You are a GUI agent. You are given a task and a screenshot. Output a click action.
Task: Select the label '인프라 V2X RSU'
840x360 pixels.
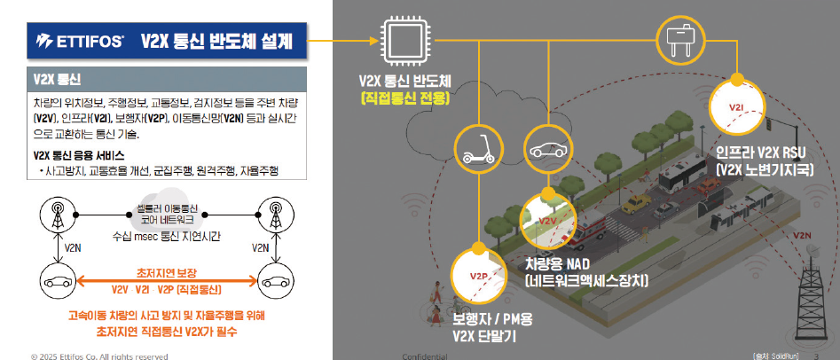(761, 152)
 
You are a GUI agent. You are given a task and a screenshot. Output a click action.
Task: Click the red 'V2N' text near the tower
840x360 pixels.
(803, 236)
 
